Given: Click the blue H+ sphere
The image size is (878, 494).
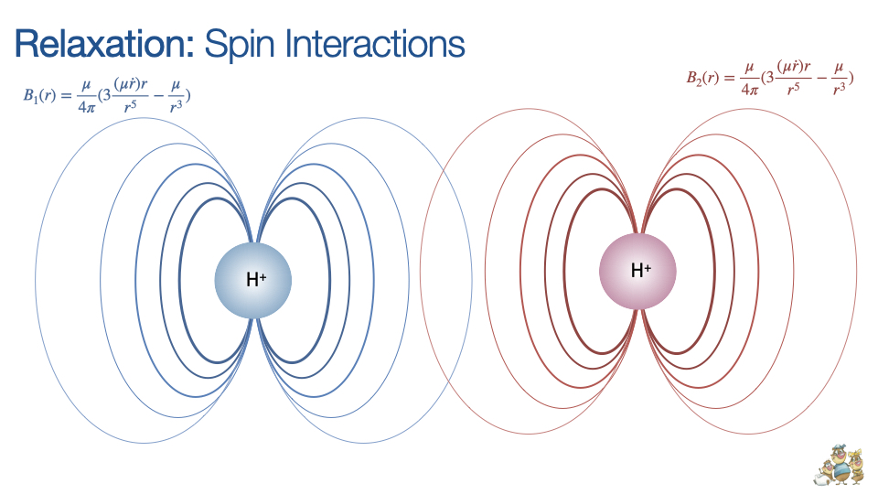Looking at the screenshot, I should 253,279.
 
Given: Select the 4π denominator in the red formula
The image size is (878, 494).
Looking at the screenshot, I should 748,90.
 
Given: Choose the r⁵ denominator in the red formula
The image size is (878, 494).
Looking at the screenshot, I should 794,91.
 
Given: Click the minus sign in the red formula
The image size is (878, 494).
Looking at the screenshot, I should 817,78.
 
